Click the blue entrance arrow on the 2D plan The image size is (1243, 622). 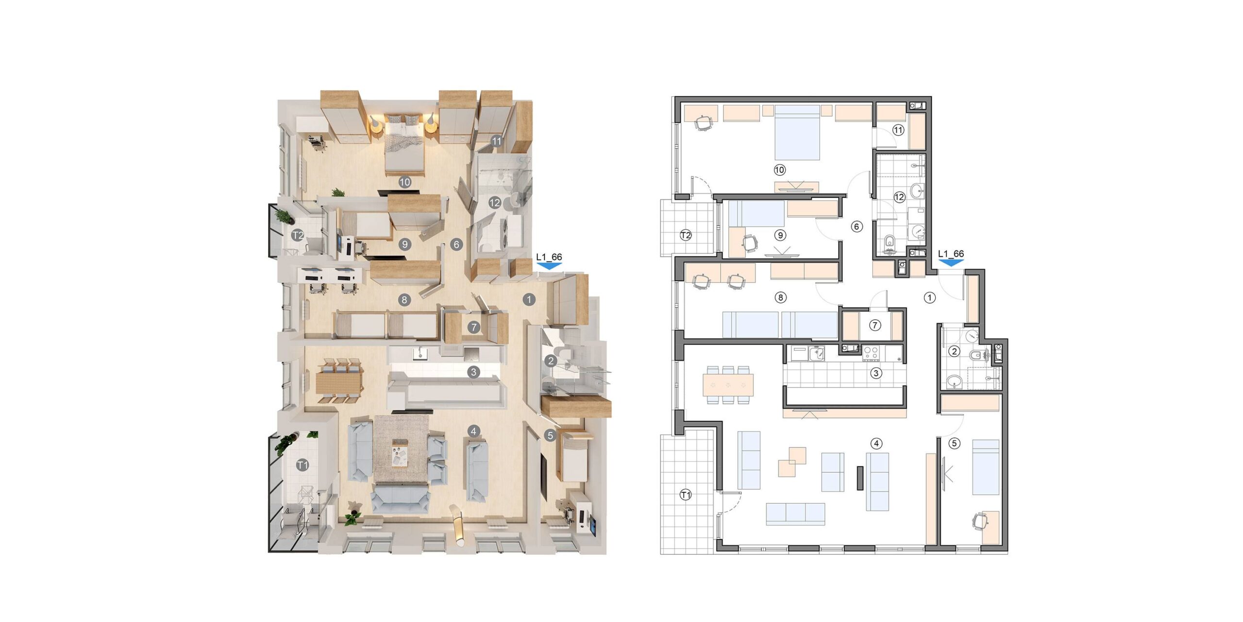[951, 263]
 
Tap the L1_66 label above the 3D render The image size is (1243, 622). [549, 257]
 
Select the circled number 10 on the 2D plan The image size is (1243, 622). [779, 170]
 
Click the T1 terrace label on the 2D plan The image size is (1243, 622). [685, 495]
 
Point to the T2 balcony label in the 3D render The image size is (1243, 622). [298, 236]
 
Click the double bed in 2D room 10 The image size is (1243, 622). [797, 133]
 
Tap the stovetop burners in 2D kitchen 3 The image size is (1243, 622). [871, 353]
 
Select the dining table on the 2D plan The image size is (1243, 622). [728, 385]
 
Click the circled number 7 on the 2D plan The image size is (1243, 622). [874, 325]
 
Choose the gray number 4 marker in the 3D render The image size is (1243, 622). [473, 431]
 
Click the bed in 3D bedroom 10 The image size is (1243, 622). [404, 145]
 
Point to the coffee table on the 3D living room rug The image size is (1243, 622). [401, 453]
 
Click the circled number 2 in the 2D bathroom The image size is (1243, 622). [954, 351]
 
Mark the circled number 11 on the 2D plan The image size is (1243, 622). [898, 130]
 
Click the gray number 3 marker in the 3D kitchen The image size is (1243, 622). [473, 372]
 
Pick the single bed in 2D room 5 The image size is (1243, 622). [986, 467]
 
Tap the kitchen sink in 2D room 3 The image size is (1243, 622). [817, 353]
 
